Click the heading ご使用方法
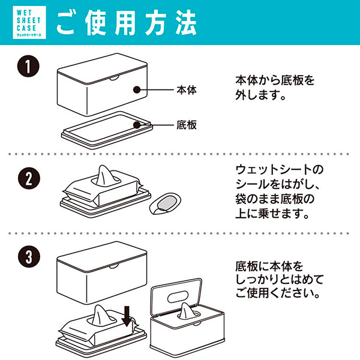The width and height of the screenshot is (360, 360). pyautogui.click(x=127, y=23)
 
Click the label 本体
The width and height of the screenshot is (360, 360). pyautogui.click(x=187, y=91)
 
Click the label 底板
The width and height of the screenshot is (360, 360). pyautogui.click(x=187, y=125)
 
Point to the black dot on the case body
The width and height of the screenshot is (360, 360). pyautogui.click(x=137, y=91)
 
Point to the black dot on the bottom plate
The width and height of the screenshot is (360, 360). pyautogui.click(x=137, y=125)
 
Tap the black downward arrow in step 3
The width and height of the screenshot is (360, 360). pyautogui.click(x=127, y=316)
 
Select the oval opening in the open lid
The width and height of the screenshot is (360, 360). pyautogui.click(x=180, y=295)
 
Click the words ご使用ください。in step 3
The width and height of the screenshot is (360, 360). pyautogui.click(x=276, y=294)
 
